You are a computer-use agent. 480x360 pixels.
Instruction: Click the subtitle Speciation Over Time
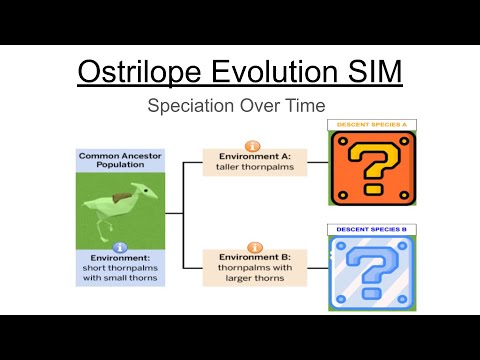pos(239,105)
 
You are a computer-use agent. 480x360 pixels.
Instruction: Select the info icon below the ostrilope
pos(120,246)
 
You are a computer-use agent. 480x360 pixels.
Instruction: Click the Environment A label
pos(254,157)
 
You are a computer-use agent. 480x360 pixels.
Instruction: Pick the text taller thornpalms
pos(254,168)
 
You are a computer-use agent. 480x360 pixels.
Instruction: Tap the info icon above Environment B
pos(254,246)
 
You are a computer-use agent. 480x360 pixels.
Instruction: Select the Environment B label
pos(254,257)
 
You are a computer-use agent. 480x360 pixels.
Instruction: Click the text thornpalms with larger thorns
pos(254,273)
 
